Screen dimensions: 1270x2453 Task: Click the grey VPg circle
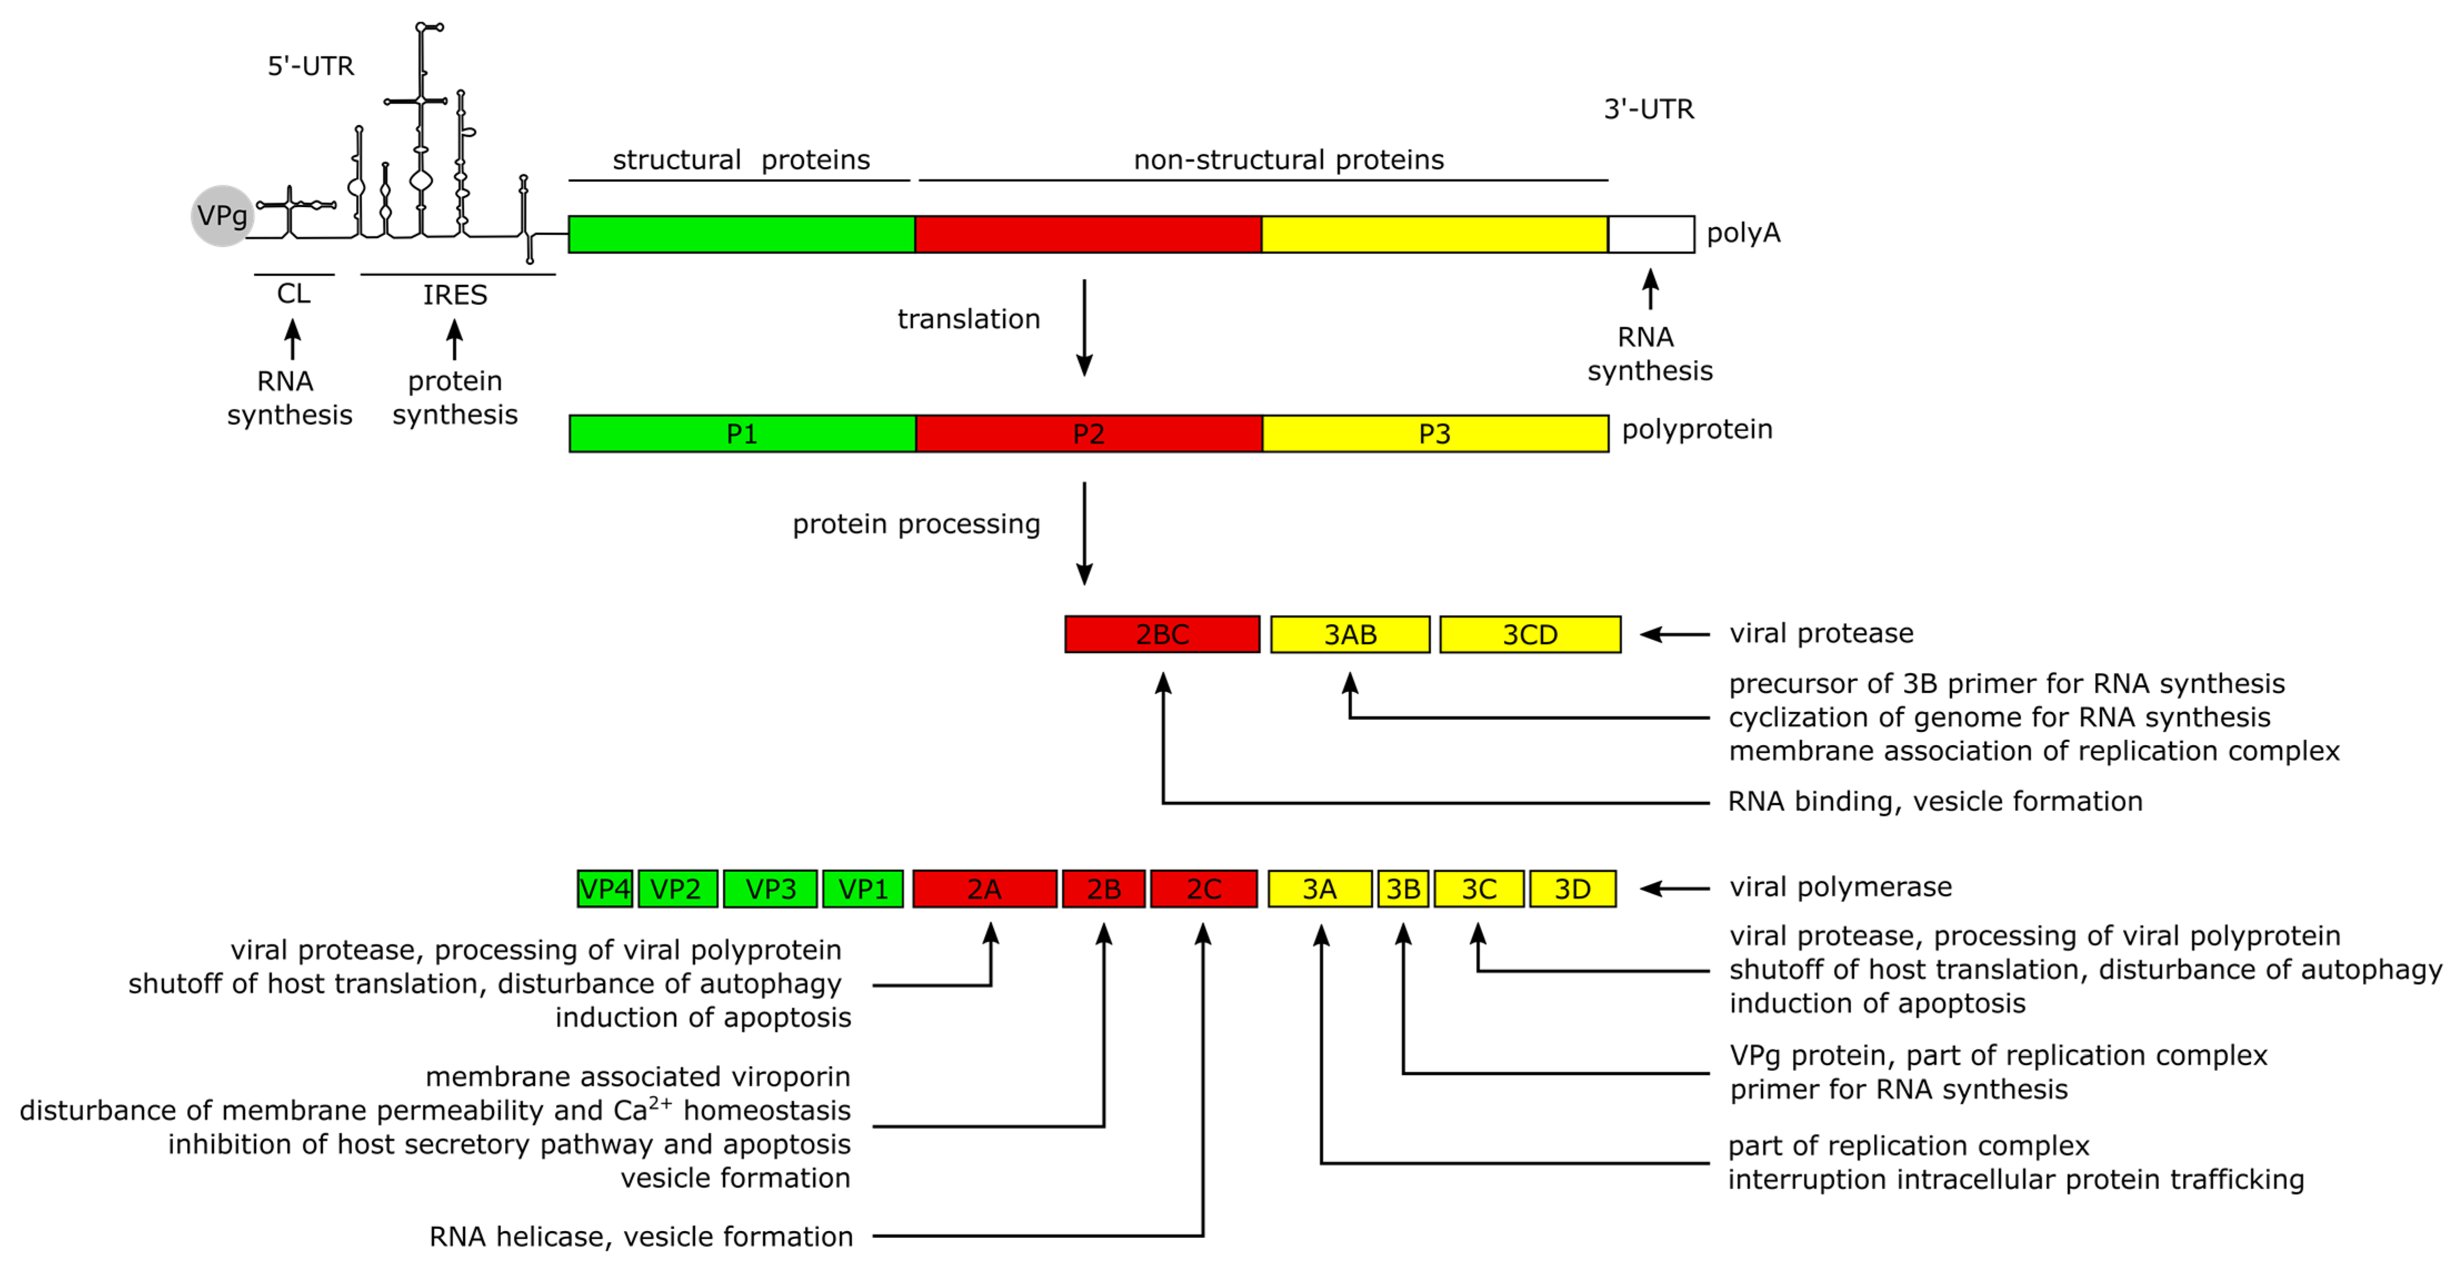(x=222, y=216)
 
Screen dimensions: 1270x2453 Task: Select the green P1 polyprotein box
(x=742, y=434)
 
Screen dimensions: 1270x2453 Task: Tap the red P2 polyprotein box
(x=1088, y=434)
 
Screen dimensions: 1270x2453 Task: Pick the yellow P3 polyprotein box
(x=1435, y=434)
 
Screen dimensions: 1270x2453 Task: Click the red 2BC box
(x=1162, y=634)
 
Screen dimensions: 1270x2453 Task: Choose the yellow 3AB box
(x=1350, y=634)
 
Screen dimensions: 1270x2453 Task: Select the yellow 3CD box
(x=1530, y=634)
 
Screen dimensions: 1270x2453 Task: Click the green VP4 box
(x=604, y=889)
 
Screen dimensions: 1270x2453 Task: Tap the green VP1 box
(x=863, y=889)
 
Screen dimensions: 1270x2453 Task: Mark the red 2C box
(x=1203, y=889)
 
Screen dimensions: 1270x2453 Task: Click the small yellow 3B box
(x=1403, y=889)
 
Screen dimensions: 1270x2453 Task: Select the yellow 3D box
(x=1572, y=889)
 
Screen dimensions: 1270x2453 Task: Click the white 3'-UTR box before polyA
(x=1651, y=234)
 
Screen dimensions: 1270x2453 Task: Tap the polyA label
(x=1742, y=233)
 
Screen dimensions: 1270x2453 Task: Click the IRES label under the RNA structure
(x=455, y=295)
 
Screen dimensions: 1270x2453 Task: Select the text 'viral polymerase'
(x=1840, y=887)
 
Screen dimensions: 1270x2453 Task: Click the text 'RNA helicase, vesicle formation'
(x=641, y=1237)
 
